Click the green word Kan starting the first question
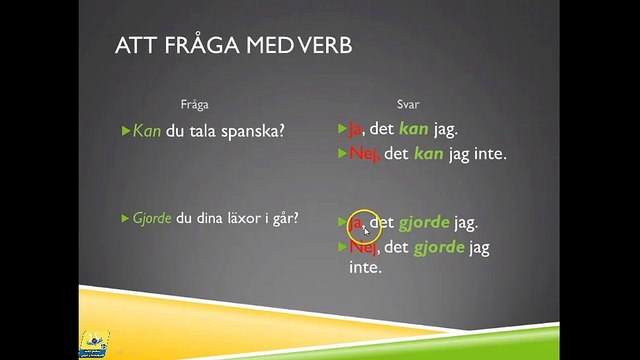pos(146,130)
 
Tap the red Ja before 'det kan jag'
pos(355,130)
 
